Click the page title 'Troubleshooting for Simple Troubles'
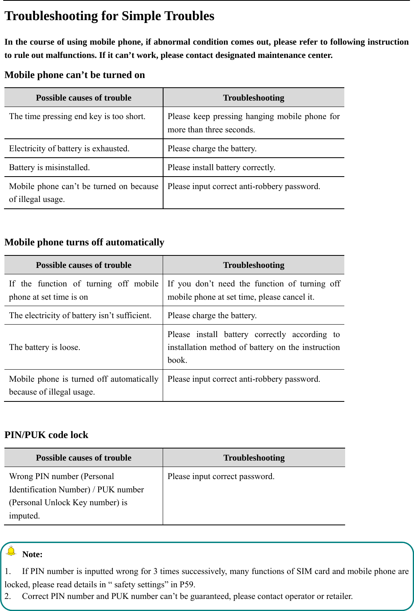[x=109, y=16]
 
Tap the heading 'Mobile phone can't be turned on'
[x=75, y=75]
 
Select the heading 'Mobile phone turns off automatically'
[x=84, y=242]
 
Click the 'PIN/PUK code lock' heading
[x=46, y=435]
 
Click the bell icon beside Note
[x=11, y=551]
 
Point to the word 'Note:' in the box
[x=32, y=554]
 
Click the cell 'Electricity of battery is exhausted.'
[x=69, y=148]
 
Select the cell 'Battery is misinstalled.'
[x=50, y=167]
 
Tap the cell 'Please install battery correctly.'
[x=221, y=167]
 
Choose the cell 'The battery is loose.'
[x=45, y=347]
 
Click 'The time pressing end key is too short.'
[x=77, y=117]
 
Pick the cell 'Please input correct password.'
[x=221, y=477]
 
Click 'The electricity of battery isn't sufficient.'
[x=80, y=316]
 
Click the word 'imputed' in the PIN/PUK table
[x=24, y=516]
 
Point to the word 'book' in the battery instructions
[x=177, y=360]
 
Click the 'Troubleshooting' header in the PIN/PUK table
[x=254, y=458]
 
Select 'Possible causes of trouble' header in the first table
[x=83, y=98]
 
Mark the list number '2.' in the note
[x=8, y=596]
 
